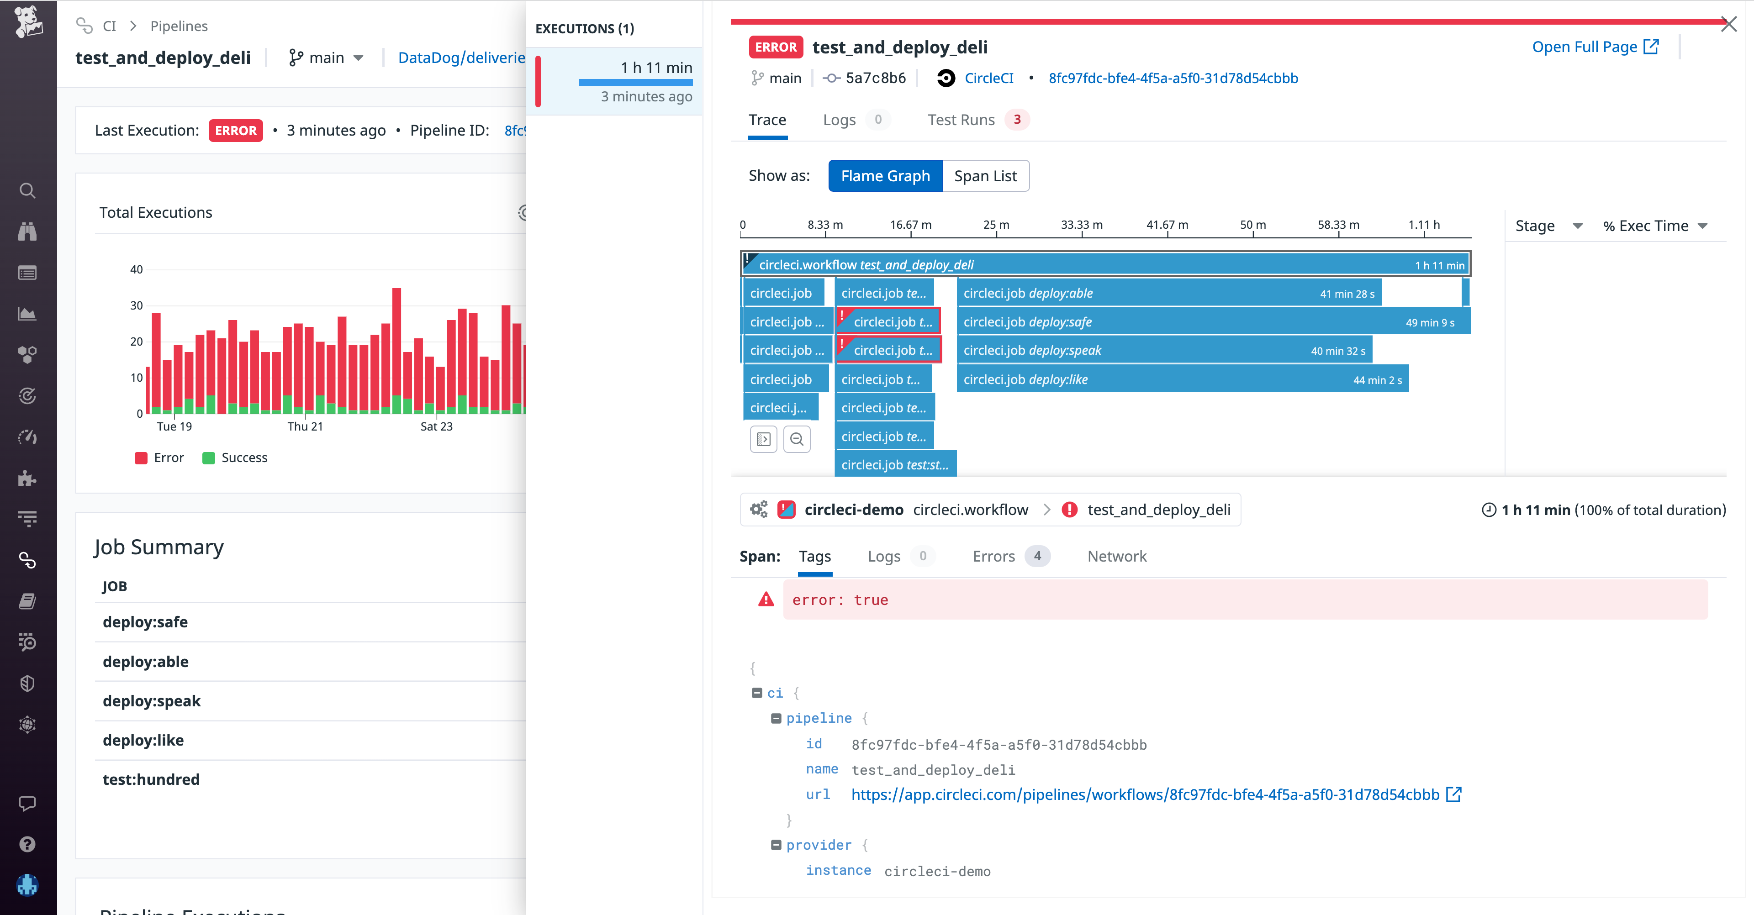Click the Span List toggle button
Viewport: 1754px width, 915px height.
[x=985, y=176]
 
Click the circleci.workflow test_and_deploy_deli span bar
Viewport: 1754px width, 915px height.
[x=1103, y=265]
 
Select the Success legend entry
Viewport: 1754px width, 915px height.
[x=236, y=457]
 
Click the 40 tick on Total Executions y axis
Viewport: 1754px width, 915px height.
[x=136, y=269]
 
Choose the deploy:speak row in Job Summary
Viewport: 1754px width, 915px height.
[x=152, y=701]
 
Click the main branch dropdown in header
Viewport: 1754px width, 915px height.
[x=327, y=58]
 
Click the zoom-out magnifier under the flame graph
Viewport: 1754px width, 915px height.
[x=797, y=439]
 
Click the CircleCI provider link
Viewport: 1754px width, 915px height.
[x=988, y=78]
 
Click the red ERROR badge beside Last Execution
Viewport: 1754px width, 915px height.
[x=236, y=131]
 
